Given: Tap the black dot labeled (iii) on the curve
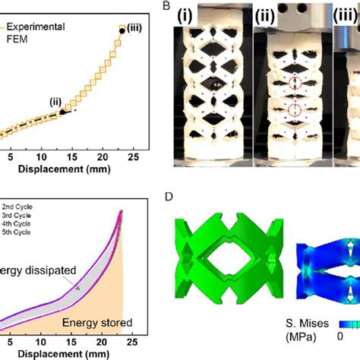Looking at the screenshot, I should (x=122, y=31).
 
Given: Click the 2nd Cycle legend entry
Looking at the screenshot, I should (x=20, y=206).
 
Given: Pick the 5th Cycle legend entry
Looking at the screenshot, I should (x=20, y=235).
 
